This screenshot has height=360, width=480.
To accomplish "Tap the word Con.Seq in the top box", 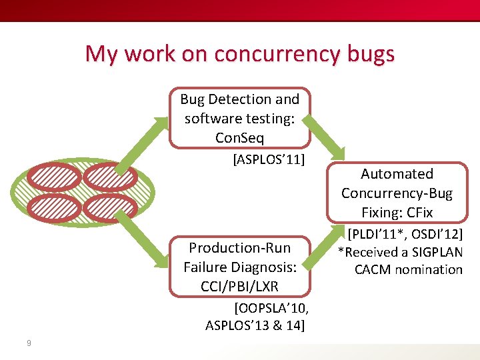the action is (240, 137).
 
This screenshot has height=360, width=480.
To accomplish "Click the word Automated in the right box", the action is (397, 174).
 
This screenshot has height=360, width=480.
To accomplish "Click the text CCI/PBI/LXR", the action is (239, 286).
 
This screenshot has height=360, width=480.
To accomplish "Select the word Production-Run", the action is (240, 248).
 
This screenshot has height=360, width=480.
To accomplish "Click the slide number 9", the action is (28, 343).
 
